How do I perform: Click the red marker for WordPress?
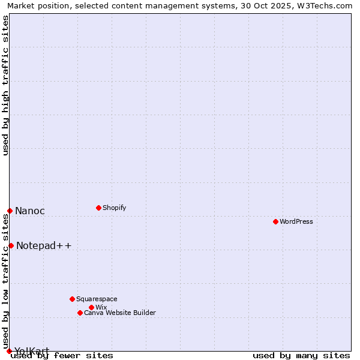pos(275,221)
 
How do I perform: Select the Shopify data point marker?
pos(98,208)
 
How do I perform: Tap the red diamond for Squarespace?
pos(72,299)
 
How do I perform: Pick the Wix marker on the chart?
pos(91,307)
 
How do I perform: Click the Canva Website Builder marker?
pos(80,313)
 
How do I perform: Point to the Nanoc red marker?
pos(10,211)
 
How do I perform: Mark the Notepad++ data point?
pos(11,245)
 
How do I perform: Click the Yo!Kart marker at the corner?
pos(9,351)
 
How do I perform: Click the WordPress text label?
pos(296,221)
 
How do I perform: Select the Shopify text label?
pos(115,208)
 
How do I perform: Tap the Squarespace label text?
pos(97,299)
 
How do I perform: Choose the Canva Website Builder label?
pos(120,313)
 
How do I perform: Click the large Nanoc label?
pos(30,211)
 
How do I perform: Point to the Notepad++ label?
pos(44,245)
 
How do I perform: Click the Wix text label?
pos(101,307)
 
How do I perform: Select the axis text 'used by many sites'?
pos(301,355)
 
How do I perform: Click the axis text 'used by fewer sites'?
pos(62,355)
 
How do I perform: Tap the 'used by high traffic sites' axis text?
pos(5,85)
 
